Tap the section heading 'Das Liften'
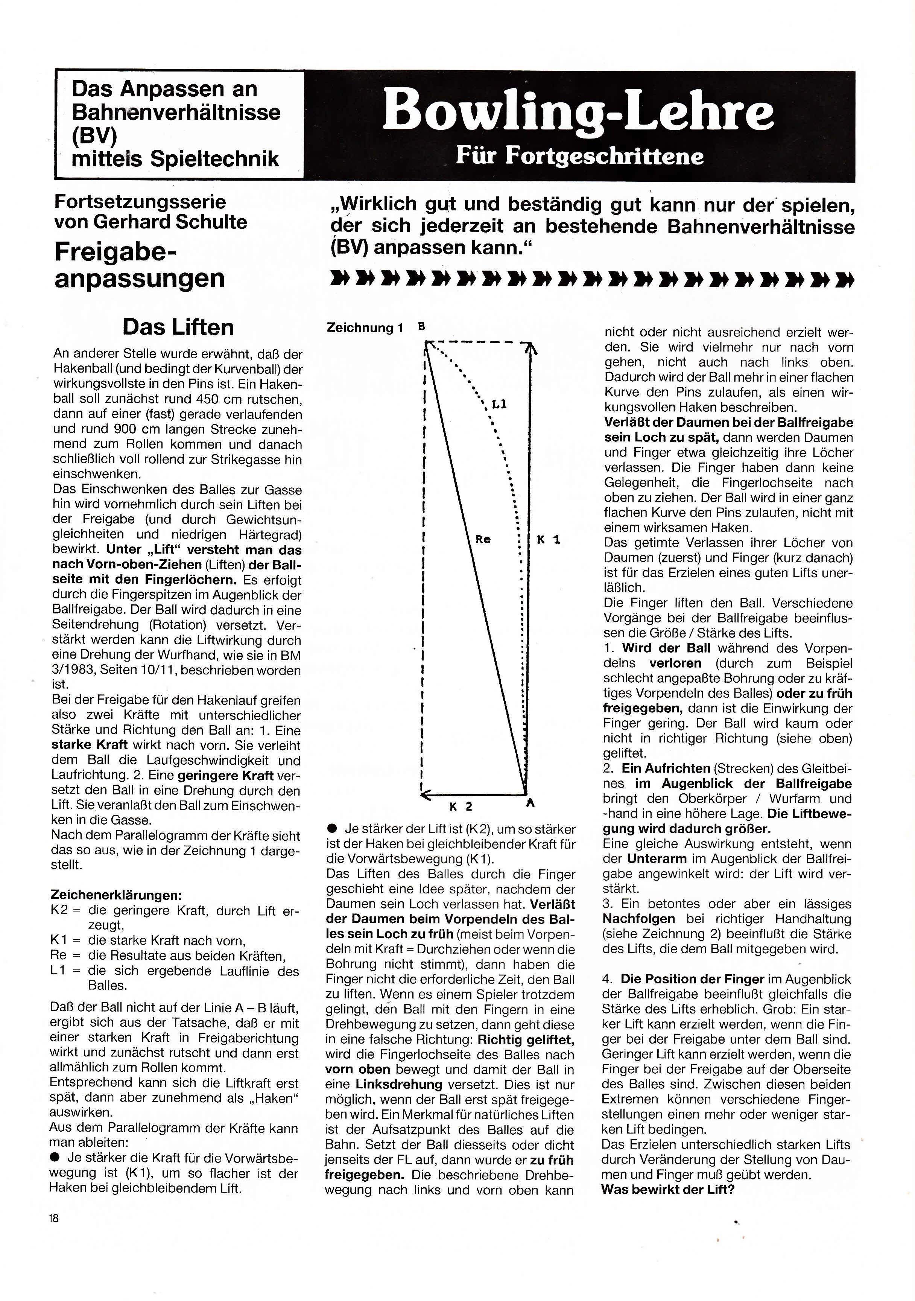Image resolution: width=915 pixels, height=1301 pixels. [178, 327]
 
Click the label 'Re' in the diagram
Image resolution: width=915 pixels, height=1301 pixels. [483, 540]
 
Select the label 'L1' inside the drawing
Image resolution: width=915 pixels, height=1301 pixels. [499, 405]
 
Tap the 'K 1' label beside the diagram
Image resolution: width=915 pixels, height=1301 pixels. [549, 540]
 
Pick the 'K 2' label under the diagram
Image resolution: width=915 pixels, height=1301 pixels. [461, 806]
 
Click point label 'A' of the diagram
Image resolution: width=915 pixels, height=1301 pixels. [530, 803]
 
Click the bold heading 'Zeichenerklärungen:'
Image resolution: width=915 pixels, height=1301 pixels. [116, 895]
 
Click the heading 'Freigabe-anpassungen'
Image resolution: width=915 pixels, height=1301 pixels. [139, 265]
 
